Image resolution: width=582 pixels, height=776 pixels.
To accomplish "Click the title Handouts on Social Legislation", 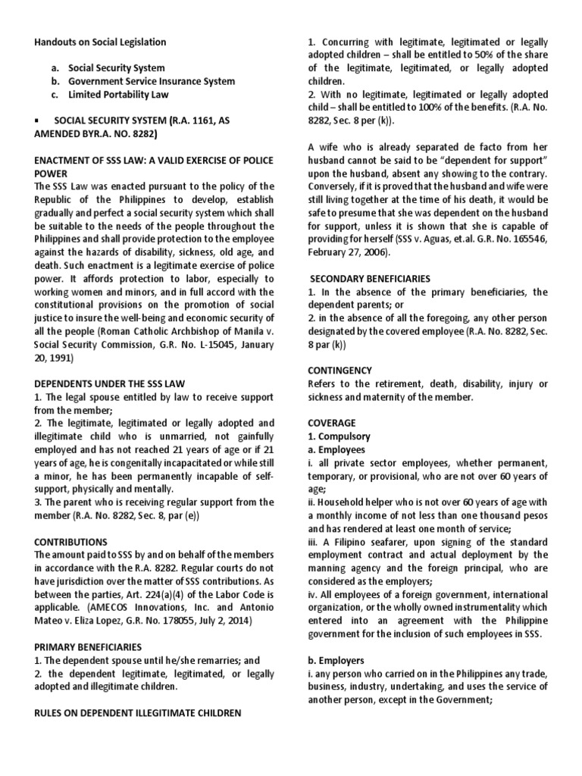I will tap(101, 42).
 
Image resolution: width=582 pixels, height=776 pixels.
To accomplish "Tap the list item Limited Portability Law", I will tap(118, 94).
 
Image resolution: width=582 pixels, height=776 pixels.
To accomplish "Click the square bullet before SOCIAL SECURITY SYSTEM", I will tap(37, 120).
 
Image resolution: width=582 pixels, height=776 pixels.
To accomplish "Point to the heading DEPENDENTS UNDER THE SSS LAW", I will tap(110, 383).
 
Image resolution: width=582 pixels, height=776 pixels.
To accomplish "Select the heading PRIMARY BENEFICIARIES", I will tap(88, 646).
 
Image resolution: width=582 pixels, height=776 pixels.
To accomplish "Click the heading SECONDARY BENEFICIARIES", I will tap(369, 279).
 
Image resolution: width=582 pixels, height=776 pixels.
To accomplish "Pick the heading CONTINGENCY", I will tap(339, 371).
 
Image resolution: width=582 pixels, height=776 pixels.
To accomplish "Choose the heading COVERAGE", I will tap(331, 423).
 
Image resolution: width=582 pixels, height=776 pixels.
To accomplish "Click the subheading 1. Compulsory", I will tap(339, 436).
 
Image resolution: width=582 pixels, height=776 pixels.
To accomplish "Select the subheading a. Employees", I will tap(336, 449).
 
